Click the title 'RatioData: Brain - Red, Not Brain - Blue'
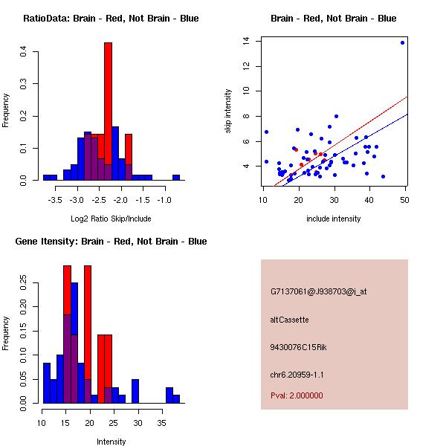pyautogui.click(x=111, y=19)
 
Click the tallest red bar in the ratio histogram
pyautogui.click(x=108, y=97)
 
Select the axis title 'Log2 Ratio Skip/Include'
pyautogui.click(x=111, y=219)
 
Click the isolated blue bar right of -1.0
pyautogui.click(x=176, y=178)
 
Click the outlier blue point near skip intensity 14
pyautogui.click(x=402, y=42)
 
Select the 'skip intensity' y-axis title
pyautogui.click(x=229, y=111)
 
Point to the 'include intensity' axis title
pyautogui.click(x=334, y=219)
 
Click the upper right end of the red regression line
pyautogui.click(x=407, y=97)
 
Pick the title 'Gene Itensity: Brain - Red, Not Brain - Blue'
pyautogui.click(x=111, y=242)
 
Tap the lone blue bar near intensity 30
pyautogui.click(x=135, y=391)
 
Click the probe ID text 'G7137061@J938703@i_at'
pyautogui.click(x=319, y=291)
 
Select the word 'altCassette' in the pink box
pyautogui.click(x=290, y=320)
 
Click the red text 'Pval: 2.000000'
pyautogui.click(x=297, y=395)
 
